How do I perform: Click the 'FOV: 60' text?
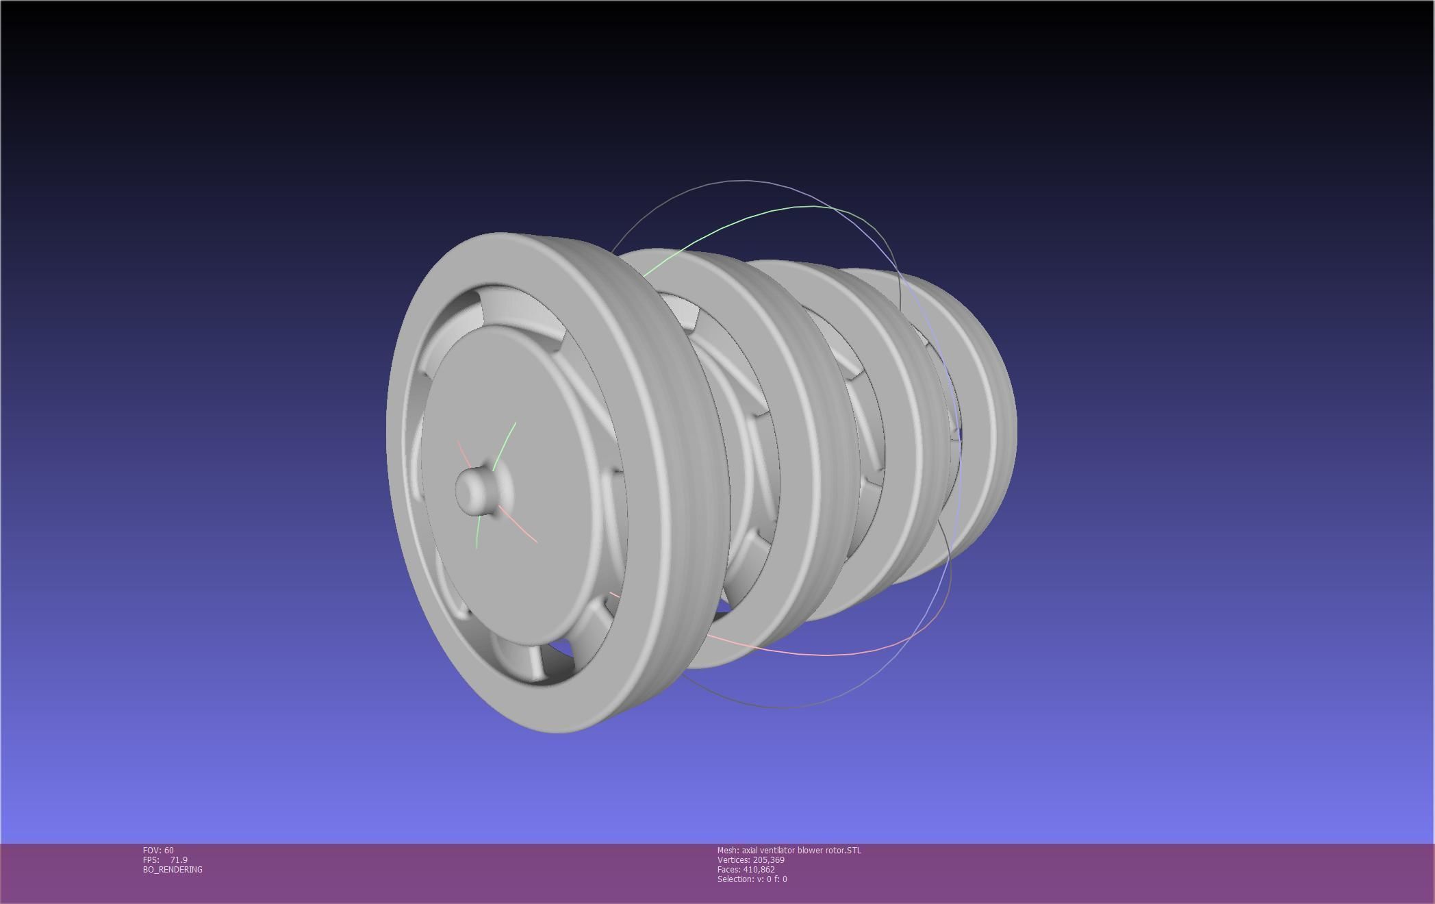(x=158, y=851)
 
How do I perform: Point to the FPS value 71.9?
(x=179, y=860)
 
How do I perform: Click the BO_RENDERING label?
(x=173, y=870)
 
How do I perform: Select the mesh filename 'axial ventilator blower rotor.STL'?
(x=789, y=851)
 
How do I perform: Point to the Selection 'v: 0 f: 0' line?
(x=752, y=879)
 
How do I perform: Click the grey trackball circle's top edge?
(x=746, y=181)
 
